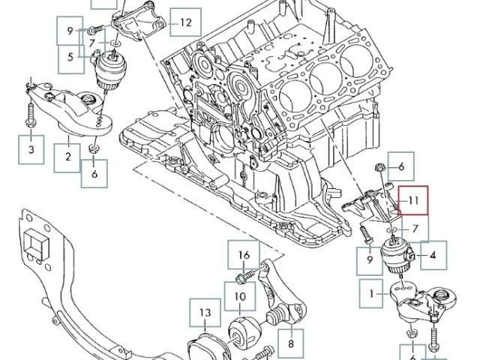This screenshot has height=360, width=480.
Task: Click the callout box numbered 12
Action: (x=185, y=22)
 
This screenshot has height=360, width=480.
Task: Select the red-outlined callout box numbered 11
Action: (x=413, y=200)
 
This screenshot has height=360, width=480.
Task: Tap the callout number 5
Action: (x=70, y=57)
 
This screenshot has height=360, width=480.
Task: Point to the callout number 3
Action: (x=31, y=149)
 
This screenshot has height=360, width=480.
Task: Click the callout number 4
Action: (x=433, y=255)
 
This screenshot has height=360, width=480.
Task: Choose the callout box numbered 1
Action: (x=371, y=293)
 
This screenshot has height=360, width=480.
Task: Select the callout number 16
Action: (x=244, y=255)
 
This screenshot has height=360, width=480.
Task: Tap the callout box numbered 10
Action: (x=240, y=296)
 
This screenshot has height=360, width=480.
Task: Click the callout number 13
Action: (x=205, y=313)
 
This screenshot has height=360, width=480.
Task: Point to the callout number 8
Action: (x=290, y=343)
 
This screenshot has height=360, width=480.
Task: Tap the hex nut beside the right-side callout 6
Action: (x=379, y=167)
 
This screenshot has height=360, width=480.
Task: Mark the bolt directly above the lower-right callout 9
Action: (x=366, y=235)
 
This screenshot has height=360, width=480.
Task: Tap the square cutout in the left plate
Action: (x=37, y=242)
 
